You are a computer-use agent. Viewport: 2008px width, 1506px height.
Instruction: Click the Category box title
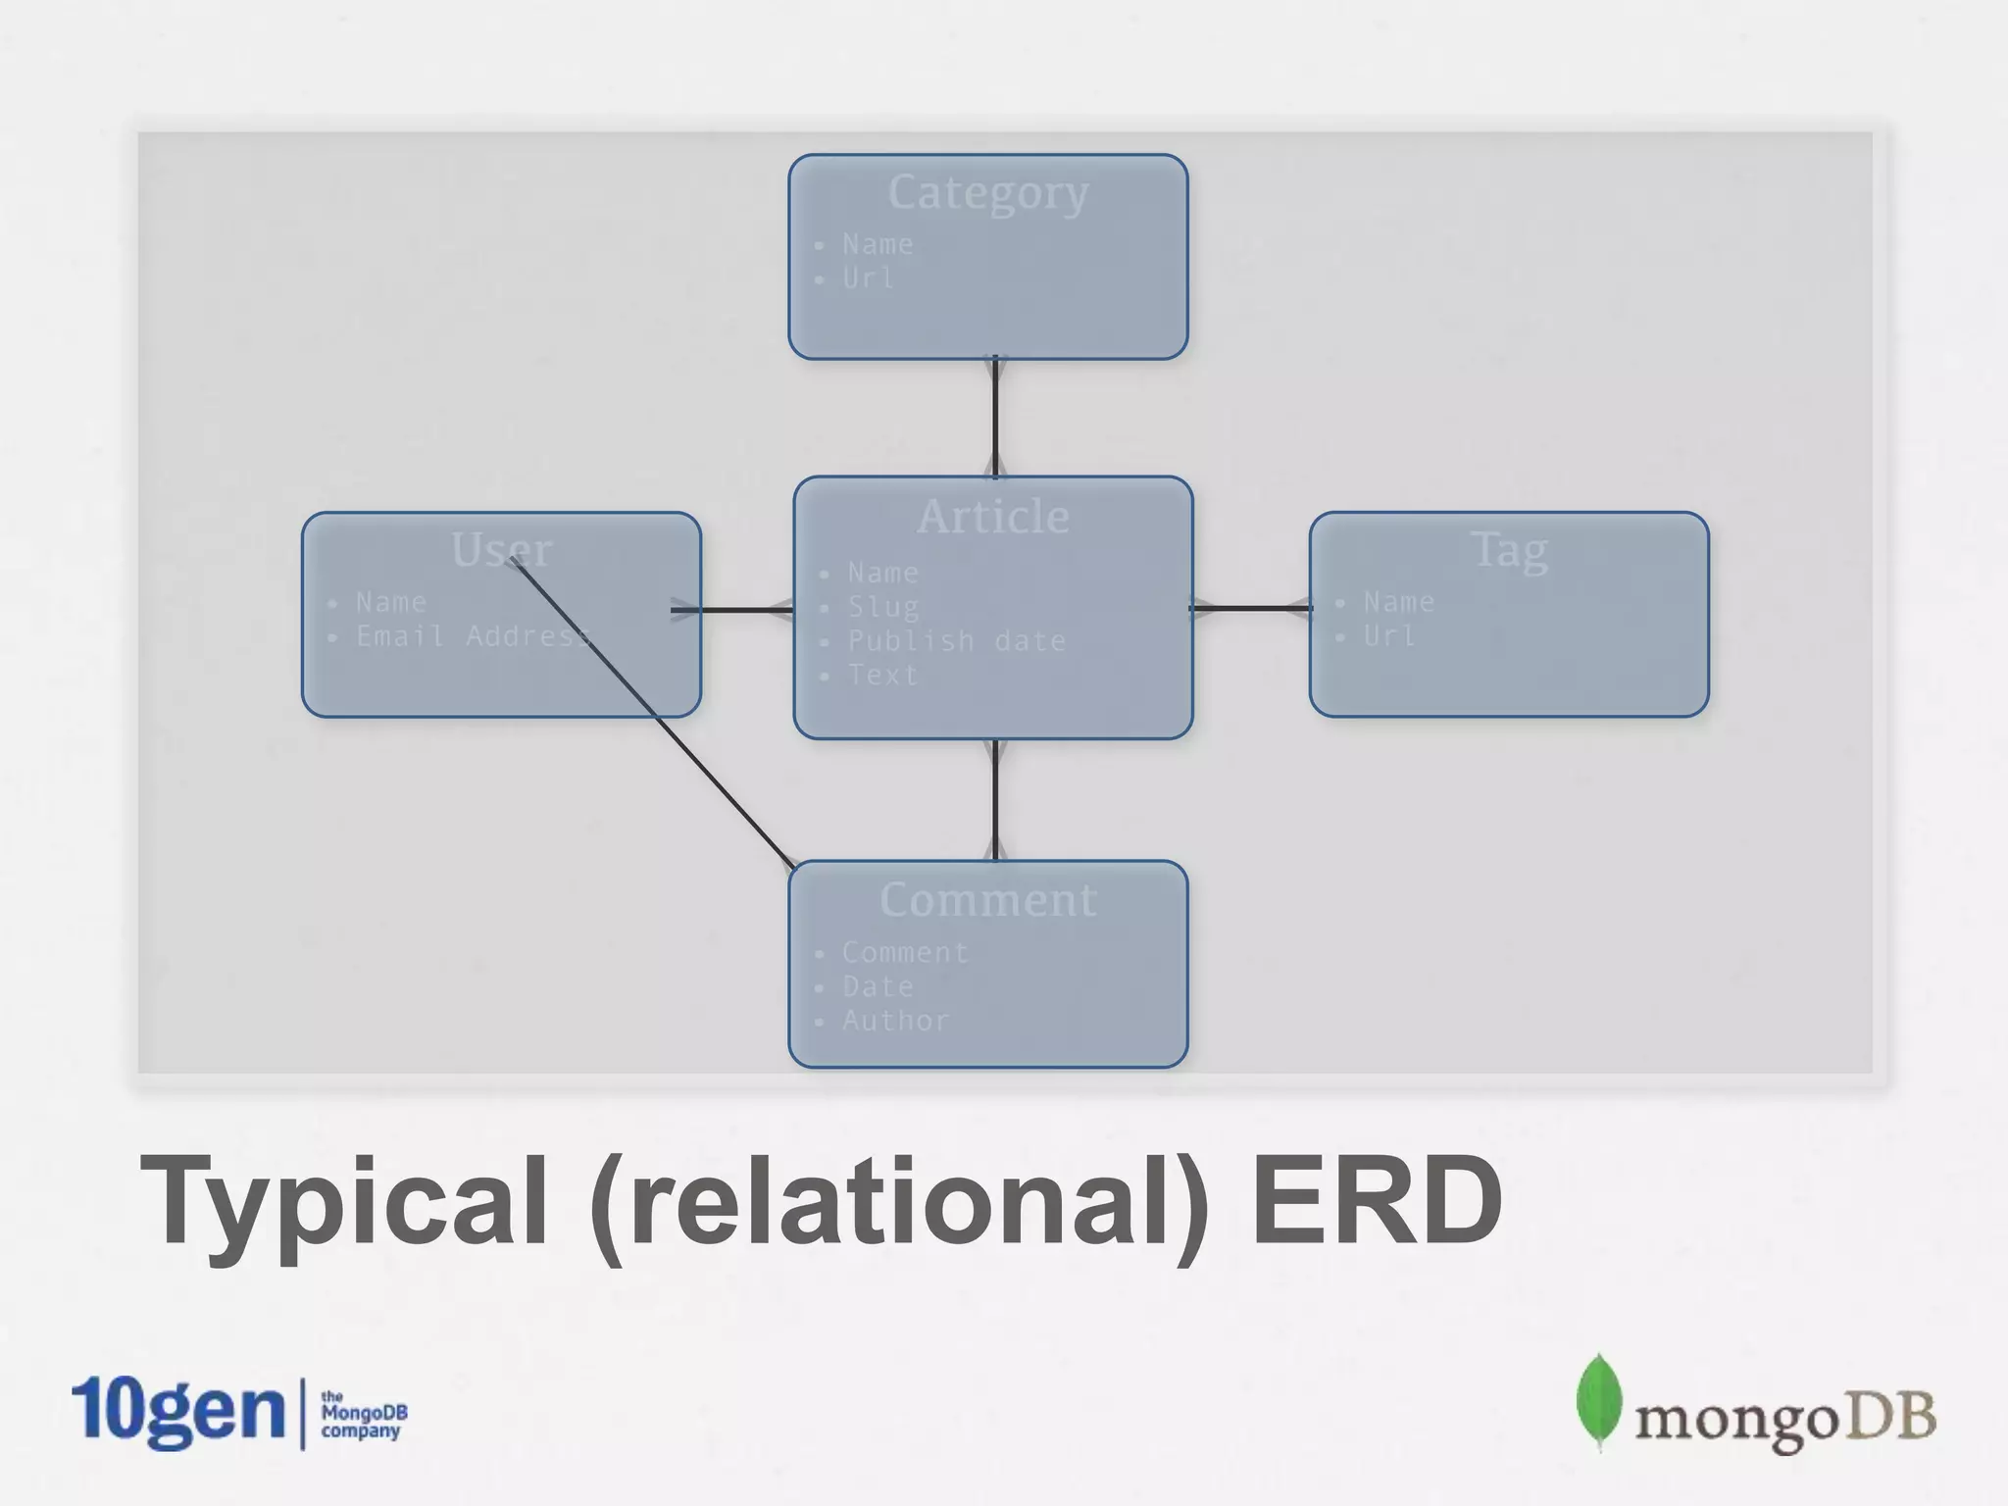point(987,193)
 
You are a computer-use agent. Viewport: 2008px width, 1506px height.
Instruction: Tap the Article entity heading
point(992,517)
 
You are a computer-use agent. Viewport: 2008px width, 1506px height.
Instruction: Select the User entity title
point(501,550)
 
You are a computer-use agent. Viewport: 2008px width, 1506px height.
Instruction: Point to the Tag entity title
point(1509,550)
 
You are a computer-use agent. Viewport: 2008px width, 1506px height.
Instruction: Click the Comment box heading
point(987,900)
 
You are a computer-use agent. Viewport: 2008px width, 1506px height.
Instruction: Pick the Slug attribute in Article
point(883,607)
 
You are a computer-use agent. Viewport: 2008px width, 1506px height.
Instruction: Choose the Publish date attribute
point(956,641)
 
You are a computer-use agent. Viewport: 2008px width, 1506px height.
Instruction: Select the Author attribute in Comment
point(895,1021)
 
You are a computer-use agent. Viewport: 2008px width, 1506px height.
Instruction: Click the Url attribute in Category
point(868,278)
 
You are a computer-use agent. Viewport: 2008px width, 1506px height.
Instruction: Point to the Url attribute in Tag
point(1389,636)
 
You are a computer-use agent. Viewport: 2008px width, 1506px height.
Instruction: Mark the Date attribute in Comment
point(878,986)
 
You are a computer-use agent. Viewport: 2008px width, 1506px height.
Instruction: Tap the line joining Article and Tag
point(1251,608)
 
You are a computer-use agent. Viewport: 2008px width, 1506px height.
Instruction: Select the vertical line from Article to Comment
point(995,799)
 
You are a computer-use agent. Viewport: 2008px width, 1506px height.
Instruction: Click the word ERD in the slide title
point(1377,1201)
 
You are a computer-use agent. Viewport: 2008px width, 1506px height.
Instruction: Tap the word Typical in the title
point(343,1201)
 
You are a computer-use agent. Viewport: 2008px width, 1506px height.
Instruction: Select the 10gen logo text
point(177,1411)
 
